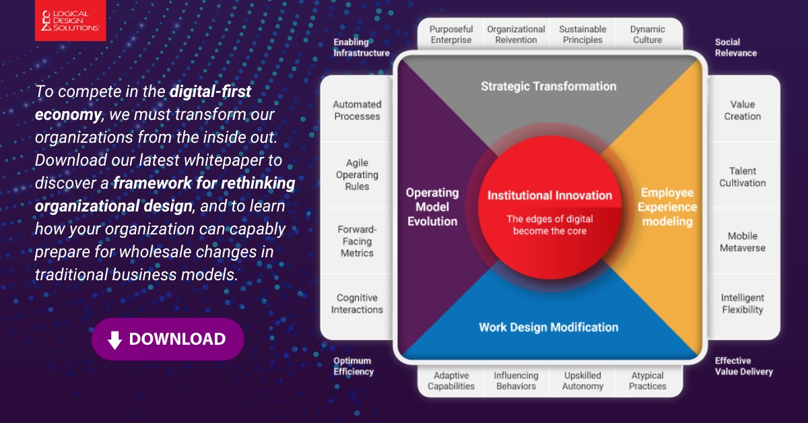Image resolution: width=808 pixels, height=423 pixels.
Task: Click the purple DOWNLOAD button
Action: pyautogui.click(x=168, y=339)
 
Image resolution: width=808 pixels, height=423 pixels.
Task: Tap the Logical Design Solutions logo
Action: pyautogui.click(x=70, y=21)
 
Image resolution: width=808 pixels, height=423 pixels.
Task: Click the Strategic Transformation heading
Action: pyautogui.click(x=548, y=86)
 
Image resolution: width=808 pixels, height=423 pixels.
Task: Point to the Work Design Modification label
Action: pyautogui.click(x=548, y=327)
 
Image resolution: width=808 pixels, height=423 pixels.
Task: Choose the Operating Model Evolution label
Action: pyautogui.click(x=432, y=207)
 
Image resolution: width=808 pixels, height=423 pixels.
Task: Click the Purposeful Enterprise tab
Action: pyautogui.click(x=451, y=34)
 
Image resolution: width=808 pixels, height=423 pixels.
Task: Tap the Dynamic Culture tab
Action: pyautogui.click(x=648, y=34)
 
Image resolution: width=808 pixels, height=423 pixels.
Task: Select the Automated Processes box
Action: pyautogui.click(x=357, y=110)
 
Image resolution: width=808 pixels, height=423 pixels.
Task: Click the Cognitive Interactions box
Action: pyautogui.click(x=357, y=304)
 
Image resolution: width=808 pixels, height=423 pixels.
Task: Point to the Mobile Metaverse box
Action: pyautogui.click(x=742, y=242)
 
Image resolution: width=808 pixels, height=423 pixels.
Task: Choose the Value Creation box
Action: pyautogui.click(x=742, y=110)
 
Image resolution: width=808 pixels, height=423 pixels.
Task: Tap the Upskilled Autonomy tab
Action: pyautogui.click(x=582, y=381)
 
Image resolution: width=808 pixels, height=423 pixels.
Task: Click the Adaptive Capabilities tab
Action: pyautogui.click(x=451, y=381)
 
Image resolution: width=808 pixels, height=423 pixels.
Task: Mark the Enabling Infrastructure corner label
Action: pyautogui.click(x=361, y=47)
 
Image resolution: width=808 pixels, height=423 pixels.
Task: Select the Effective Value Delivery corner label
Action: pyautogui.click(x=743, y=366)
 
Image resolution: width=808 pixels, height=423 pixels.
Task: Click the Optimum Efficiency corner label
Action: pyautogui.click(x=353, y=366)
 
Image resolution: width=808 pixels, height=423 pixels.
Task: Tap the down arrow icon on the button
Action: pyautogui.click(x=115, y=339)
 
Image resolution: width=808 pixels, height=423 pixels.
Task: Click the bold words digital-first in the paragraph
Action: pyautogui.click(x=210, y=91)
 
